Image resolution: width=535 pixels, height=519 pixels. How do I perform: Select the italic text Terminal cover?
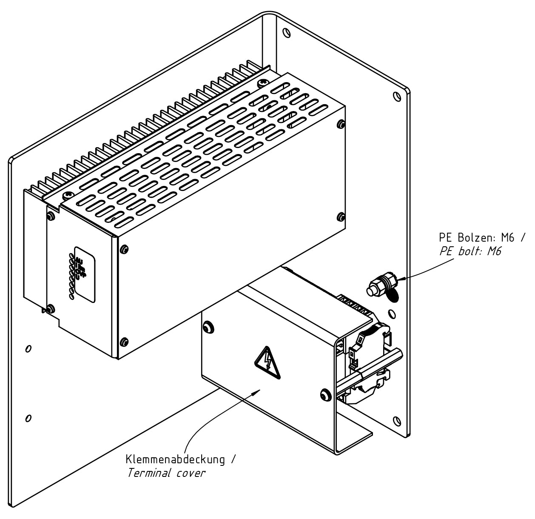click(x=166, y=473)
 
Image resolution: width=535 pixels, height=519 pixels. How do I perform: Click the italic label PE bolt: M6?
click(x=470, y=251)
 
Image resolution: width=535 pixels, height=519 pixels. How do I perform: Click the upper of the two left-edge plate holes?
click(x=28, y=349)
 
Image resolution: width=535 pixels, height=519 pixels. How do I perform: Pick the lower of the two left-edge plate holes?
click(x=28, y=418)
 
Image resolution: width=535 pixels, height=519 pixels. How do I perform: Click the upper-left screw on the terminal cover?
click(x=208, y=327)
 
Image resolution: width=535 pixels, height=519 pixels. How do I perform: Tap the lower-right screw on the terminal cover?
click(x=325, y=394)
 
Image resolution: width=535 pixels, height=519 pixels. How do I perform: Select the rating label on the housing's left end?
click(x=84, y=274)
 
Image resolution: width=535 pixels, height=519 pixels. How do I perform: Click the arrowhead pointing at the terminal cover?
click(x=256, y=391)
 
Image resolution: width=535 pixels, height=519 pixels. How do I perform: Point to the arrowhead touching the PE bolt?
click(x=399, y=279)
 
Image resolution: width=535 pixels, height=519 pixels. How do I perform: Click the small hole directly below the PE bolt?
click(x=392, y=314)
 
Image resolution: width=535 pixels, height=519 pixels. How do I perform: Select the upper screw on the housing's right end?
click(x=340, y=124)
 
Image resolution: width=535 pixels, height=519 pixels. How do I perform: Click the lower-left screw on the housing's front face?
click(x=124, y=341)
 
